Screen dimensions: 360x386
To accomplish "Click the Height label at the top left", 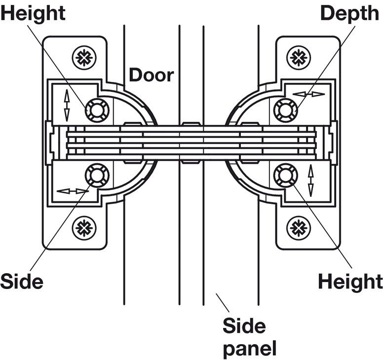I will pyautogui.click(x=33, y=13).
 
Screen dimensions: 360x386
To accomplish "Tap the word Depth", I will pyautogui.click(x=349, y=13).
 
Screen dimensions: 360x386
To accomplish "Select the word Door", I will pyautogui.click(x=152, y=75).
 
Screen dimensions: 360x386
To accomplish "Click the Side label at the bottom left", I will pyautogui.click(x=22, y=282).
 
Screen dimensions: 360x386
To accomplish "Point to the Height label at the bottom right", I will pyautogui.click(x=350, y=282).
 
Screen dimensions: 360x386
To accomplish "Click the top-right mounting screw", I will pyautogui.click(x=298, y=57).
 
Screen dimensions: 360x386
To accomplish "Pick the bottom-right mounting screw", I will pyautogui.click(x=298, y=227).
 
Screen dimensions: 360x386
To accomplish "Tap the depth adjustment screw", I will pyautogui.click(x=285, y=108).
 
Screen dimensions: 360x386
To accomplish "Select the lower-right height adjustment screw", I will pyautogui.click(x=285, y=174).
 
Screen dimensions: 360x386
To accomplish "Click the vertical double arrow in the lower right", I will pyautogui.click(x=311, y=180).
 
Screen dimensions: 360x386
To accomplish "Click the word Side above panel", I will pyautogui.click(x=244, y=325).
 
